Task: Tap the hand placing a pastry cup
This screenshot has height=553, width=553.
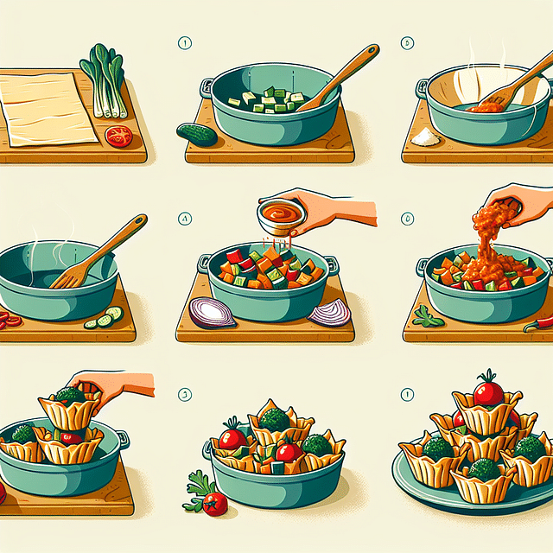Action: [112, 385]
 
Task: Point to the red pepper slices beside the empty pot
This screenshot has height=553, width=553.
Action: [10, 320]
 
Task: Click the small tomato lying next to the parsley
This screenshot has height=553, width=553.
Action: [214, 503]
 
